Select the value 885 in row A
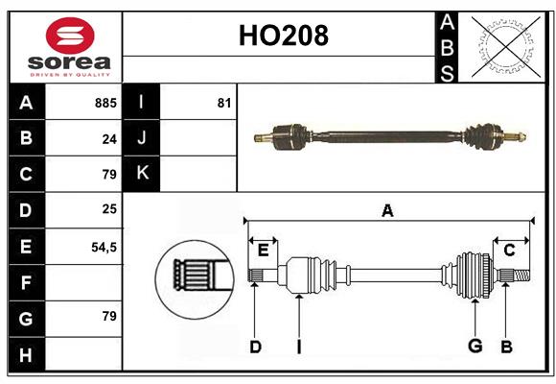click(x=105, y=103)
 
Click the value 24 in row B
click(x=109, y=139)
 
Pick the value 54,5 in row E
click(x=104, y=247)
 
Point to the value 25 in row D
click(x=109, y=210)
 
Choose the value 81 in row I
click(x=224, y=103)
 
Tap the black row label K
click(x=142, y=174)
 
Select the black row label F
click(x=26, y=282)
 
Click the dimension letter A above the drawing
click(x=387, y=211)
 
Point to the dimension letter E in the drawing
click(x=263, y=251)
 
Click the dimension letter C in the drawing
click(x=510, y=251)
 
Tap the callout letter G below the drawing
click(x=475, y=347)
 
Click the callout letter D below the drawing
click(x=255, y=347)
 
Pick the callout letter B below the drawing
click(x=506, y=347)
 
